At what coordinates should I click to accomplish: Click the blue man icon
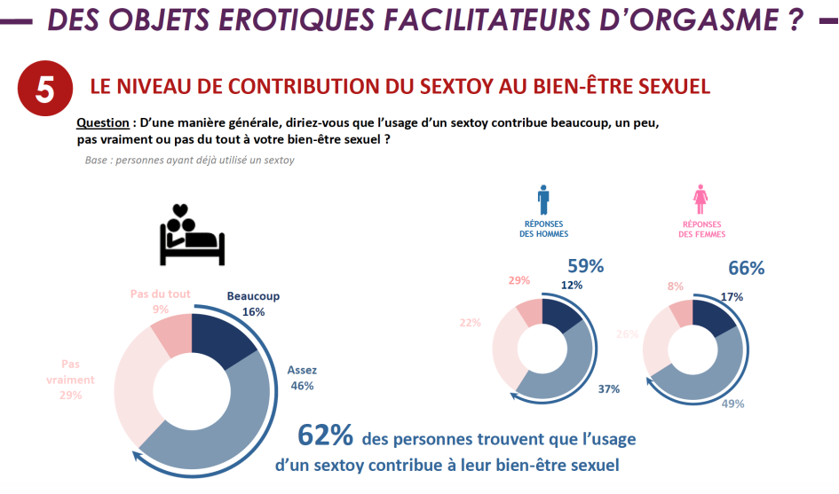pyautogui.click(x=544, y=199)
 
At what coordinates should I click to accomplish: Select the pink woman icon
pyautogui.click(x=701, y=199)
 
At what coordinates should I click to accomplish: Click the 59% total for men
pyautogui.click(x=585, y=265)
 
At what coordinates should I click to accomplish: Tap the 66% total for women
pyautogui.click(x=747, y=268)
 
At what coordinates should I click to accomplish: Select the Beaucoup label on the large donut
pyautogui.click(x=253, y=296)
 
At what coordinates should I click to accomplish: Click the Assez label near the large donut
pyautogui.click(x=302, y=370)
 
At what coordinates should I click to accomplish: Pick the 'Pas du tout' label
pyautogui.click(x=161, y=294)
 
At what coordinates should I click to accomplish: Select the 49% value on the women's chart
pyautogui.click(x=733, y=403)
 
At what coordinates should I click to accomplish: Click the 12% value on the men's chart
pyautogui.click(x=572, y=285)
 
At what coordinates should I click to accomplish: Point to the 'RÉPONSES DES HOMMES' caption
pyautogui.click(x=544, y=229)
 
